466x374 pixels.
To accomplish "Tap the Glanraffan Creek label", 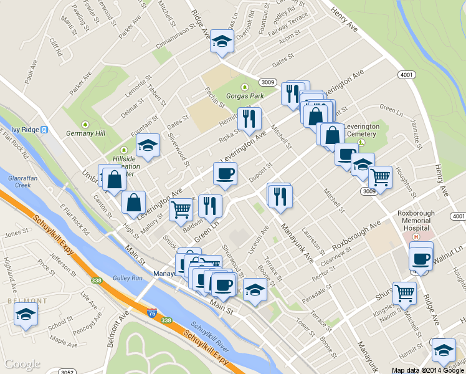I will coord(19,181).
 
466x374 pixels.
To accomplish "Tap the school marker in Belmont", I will coord(26,315).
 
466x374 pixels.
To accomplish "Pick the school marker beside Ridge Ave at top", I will coord(221,42).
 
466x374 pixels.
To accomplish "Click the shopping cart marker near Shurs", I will coord(405,292).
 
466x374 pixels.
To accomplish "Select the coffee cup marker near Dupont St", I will coord(225,174).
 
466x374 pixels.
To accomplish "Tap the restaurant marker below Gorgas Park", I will coord(249,118).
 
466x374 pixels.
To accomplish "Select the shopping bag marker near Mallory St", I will coord(134,203).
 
